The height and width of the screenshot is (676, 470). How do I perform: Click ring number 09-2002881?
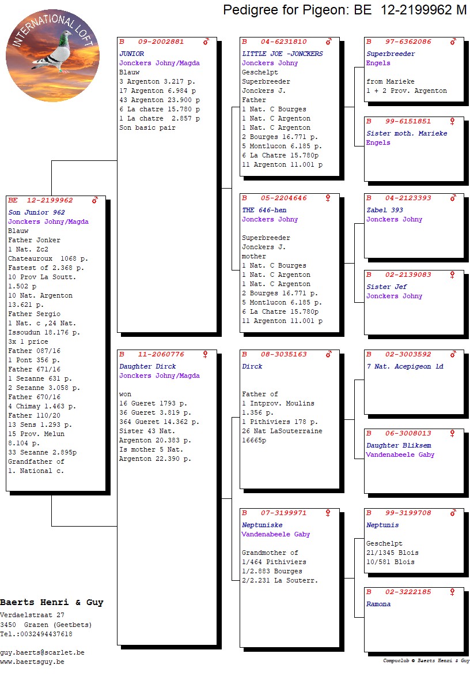click(x=161, y=42)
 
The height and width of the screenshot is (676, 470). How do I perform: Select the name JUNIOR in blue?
click(x=132, y=54)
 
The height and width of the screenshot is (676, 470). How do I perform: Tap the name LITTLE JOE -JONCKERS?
click(x=282, y=54)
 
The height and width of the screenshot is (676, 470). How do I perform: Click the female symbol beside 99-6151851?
click(x=452, y=121)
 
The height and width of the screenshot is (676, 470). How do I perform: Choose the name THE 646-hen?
click(x=264, y=210)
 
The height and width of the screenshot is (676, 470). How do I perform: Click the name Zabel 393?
click(x=385, y=210)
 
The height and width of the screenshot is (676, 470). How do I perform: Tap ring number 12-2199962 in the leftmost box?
click(x=50, y=200)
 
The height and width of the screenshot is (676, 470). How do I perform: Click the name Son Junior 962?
click(x=36, y=212)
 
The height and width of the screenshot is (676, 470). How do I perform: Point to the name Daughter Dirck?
click(x=147, y=366)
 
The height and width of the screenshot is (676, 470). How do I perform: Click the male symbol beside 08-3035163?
click(x=328, y=354)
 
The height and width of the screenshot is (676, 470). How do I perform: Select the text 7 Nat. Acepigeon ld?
click(x=405, y=366)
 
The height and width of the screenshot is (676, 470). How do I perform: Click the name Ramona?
click(x=378, y=604)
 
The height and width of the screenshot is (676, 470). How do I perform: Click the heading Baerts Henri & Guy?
click(x=52, y=602)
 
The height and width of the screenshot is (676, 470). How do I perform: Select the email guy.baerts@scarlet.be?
click(x=42, y=652)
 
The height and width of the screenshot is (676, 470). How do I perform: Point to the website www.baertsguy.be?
click(x=32, y=662)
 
